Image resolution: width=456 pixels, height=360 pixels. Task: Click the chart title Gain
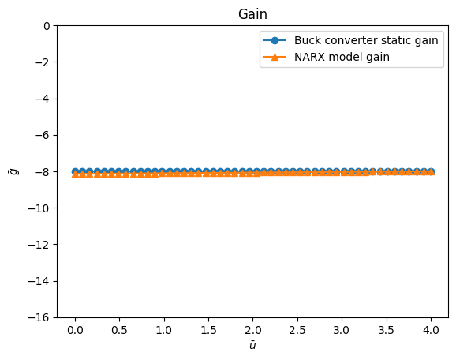[x=252, y=14]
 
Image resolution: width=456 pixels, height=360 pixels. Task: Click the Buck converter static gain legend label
[x=366, y=40]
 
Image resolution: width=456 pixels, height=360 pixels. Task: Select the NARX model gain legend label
[x=342, y=57]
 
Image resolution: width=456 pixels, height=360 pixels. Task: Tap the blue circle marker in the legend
[x=275, y=40]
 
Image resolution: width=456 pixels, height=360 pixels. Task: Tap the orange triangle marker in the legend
[x=275, y=57]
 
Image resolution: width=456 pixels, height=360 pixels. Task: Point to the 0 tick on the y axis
[x=47, y=26]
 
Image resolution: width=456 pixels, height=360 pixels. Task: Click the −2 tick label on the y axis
[x=42, y=62]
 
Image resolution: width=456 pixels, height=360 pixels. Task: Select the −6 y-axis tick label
[x=42, y=135]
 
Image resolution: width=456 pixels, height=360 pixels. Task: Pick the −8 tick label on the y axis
[x=42, y=171]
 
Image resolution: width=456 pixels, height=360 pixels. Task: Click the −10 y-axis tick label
[x=39, y=208]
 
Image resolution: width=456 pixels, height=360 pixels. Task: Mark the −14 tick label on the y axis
[x=39, y=281]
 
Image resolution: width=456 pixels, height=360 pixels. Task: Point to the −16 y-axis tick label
[x=39, y=317]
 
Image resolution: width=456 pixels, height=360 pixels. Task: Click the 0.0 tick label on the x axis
[x=75, y=330]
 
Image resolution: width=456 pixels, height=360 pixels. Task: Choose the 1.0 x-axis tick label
[x=164, y=330]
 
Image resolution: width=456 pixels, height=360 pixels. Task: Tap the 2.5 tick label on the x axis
[x=297, y=330]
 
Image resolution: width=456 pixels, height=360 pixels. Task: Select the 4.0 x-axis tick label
[x=431, y=330]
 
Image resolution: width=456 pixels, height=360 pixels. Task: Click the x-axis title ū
[x=252, y=345]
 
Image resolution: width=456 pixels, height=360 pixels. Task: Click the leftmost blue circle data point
[x=75, y=171]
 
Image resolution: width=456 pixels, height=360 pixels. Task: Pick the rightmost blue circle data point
[x=431, y=171]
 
